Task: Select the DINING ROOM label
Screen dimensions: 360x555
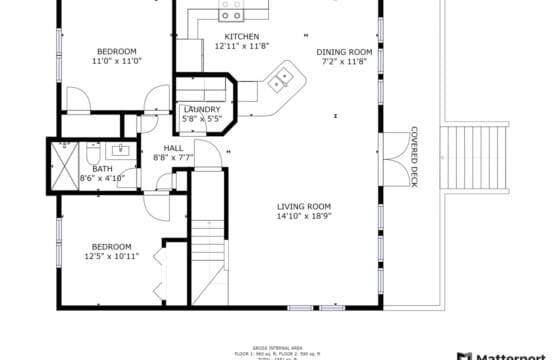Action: coord(344,52)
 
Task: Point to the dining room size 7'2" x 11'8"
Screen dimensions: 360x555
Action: coord(344,62)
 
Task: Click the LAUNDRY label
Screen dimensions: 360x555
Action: coord(201,109)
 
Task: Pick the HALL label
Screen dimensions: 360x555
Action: coord(173,148)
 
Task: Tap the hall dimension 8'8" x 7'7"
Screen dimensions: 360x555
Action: coord(173,158)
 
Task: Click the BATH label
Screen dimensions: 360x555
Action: coord(103,169)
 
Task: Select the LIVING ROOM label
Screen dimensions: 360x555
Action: coord(304,206)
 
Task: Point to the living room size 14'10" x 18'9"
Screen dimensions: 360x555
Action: coord(304,216)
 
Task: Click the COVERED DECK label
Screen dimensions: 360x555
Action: coord(413,157)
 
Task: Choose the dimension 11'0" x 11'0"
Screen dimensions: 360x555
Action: coord(116,62)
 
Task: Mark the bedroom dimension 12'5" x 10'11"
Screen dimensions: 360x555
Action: coord(112,257)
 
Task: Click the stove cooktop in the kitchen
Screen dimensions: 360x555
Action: coord(232,13)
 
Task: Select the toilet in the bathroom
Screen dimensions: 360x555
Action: coord(92,157)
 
